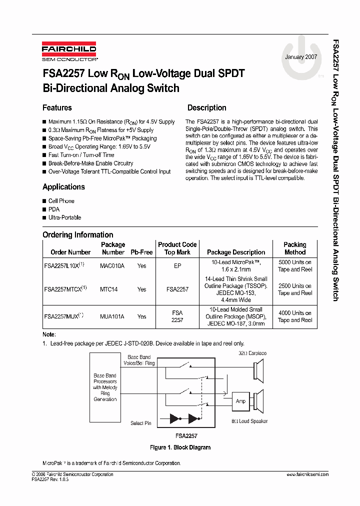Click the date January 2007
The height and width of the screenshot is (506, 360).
pos(301,57)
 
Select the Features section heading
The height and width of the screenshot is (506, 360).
pos(57,107)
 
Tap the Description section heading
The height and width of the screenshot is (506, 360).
pos(206,107)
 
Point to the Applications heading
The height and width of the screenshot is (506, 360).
pos(63,187)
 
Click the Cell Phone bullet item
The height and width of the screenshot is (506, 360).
pos(61,201)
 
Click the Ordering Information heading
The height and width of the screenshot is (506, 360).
pos(77,234)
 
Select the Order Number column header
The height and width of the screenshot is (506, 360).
pos(70,252)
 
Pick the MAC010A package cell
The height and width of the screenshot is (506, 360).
pos(112,266)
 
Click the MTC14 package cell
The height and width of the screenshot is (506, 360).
pos(108,289)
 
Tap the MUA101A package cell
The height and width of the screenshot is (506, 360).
pos(112,316)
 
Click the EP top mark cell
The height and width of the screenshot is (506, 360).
pos(177,266)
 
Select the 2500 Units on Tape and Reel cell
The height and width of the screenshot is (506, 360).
pos(294,289)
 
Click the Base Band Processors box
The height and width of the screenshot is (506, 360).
pos(105,387)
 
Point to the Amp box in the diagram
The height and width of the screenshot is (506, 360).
pos(240,401)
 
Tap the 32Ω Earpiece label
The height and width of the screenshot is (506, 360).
pos(252,353)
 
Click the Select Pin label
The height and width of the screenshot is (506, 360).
pos(140,423)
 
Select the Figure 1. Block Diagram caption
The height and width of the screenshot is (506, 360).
pos(180,447)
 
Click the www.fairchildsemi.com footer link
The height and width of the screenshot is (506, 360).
pos(307,474)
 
